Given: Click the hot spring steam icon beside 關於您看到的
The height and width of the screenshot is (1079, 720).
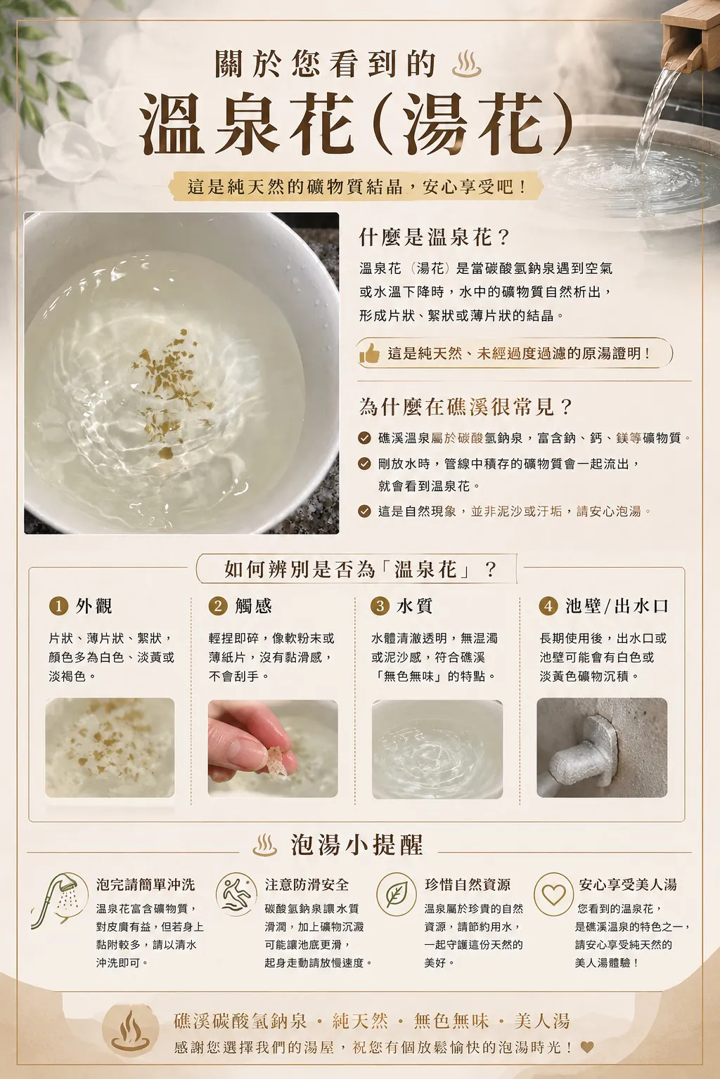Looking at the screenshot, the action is (x=466, y=64).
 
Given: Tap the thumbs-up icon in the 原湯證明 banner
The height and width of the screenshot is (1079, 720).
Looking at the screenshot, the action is (x=369, y=353).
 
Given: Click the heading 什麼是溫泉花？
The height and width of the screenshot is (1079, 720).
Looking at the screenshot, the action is (x=434, y=237).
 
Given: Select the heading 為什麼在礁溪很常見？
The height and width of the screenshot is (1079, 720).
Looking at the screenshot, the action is (x=465, y=407).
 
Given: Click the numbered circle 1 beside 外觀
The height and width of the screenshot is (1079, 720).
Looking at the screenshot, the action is (x=59, y=606).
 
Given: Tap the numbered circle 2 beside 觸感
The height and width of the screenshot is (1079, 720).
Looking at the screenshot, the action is (x=218, y=606).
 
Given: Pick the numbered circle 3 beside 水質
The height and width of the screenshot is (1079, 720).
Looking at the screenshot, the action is (x=380, y=606).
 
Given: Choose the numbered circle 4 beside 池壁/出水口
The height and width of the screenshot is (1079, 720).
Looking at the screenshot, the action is (x=548, y=606).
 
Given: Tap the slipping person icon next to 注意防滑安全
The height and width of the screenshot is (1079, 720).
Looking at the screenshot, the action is (x=236, y=894).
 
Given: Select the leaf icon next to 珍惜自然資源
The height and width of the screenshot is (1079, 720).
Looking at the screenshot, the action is (x=397, y=894).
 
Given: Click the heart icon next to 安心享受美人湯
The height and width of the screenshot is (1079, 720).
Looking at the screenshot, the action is (x=553, y=894).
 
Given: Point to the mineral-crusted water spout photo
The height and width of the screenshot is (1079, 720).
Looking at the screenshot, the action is (x=602, y=747).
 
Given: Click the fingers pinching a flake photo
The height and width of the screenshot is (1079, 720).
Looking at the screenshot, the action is (x=273, y=748).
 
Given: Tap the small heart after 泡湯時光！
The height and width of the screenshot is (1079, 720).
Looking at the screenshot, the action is (x=587, y=1047).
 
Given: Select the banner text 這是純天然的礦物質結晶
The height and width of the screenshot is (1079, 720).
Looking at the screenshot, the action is (x=295, y=186).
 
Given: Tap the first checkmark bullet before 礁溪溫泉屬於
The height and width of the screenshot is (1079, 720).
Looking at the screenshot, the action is (x=365, y=438).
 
